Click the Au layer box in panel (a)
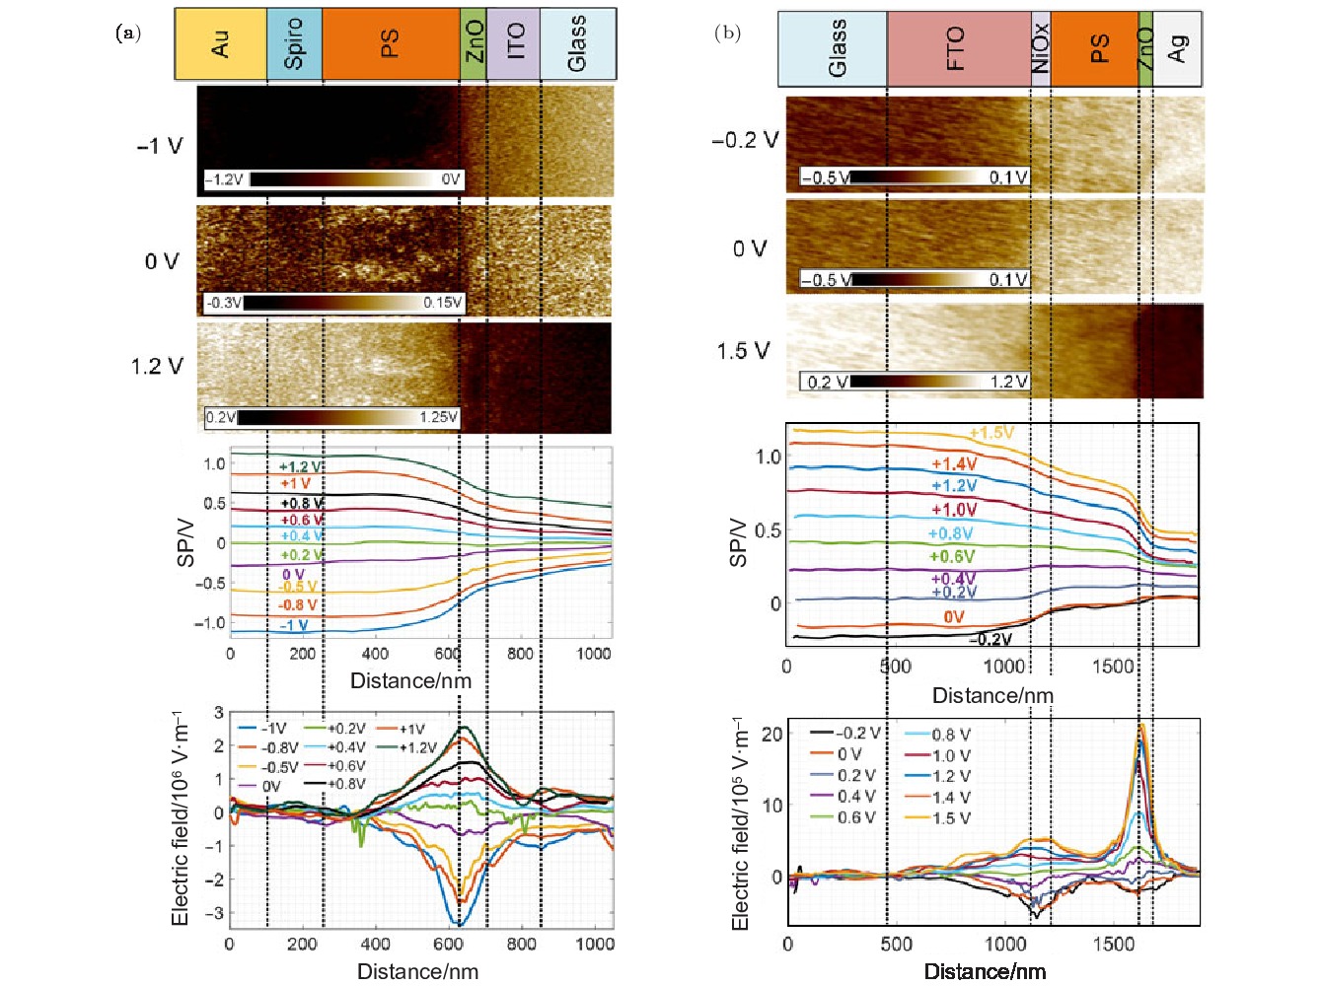click(220, 44)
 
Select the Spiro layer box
click(294, 44)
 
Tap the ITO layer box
click(514, 44)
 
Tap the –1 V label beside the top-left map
click(160, 146)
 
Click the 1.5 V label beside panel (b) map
click(744, 351)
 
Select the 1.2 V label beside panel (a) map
click(157, 367)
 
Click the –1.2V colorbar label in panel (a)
click(224, 179)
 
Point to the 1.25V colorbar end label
click(438, 417)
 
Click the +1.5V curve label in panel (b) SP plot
click(991, 433)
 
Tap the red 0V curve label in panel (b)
click(953, 617)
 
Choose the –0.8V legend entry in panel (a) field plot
click(279, 748)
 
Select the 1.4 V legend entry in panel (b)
click(950, 797)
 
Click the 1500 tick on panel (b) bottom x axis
click(1113, 944)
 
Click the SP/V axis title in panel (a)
click(185, 541)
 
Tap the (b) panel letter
click(727, 33)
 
